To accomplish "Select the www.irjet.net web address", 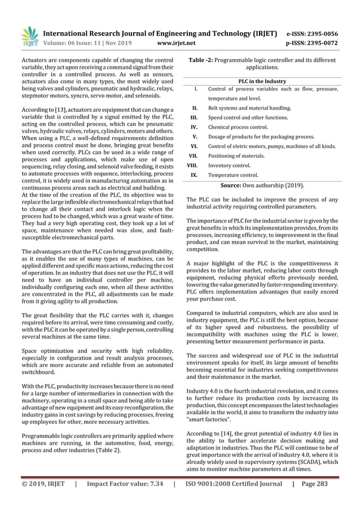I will [179, 42].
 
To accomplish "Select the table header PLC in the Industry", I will [262, 81].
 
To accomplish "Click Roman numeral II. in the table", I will [194, 108].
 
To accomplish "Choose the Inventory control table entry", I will [229, 166].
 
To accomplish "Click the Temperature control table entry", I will [233, 175].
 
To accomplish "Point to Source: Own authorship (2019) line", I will [262, 185].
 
